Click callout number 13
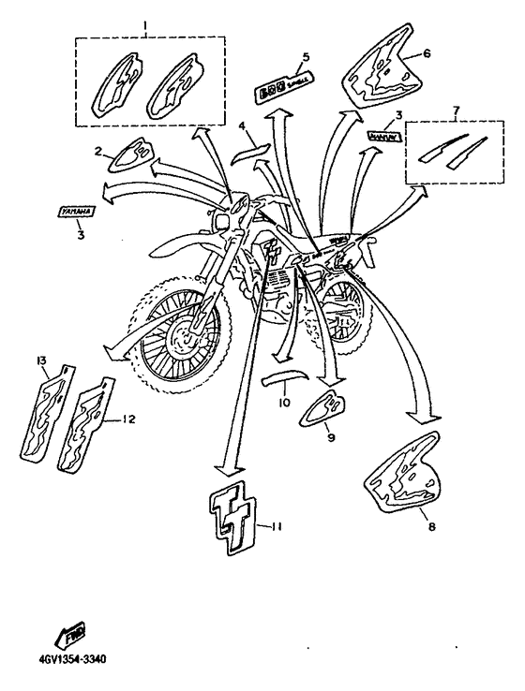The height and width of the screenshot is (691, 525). tap(41, 360)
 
